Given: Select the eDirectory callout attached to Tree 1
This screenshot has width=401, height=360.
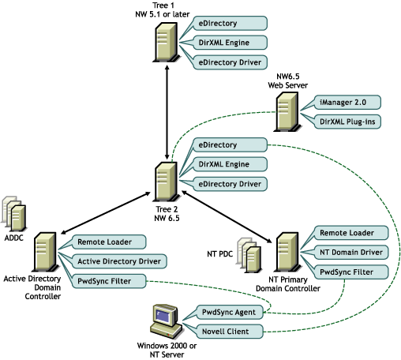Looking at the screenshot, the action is point(230,23).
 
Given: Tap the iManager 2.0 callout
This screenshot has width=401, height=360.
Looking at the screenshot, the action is point(347,102).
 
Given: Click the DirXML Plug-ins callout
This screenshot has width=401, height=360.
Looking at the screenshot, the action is point(347,122).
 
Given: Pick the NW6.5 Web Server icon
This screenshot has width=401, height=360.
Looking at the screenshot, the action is point(287,111).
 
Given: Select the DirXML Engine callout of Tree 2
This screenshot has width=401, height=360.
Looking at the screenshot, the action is point(230,164).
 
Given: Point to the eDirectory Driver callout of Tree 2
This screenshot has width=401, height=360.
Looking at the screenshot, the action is point(230,184).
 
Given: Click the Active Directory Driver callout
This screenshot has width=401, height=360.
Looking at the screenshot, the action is point(119,261).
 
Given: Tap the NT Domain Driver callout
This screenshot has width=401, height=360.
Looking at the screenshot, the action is point(351,253).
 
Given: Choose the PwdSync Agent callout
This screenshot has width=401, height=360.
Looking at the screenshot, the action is point(230,312).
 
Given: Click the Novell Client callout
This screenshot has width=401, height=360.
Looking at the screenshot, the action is point(230,332).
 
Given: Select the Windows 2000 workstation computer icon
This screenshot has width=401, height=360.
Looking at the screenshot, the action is point(167,321).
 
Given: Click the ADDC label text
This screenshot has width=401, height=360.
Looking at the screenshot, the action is point(13,238).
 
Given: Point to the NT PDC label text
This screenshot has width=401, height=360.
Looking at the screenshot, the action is point(220,254).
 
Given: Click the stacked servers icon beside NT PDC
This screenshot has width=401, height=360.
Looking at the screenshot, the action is point(249,255).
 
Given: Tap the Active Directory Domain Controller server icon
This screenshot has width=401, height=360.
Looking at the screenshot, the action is point(45,252).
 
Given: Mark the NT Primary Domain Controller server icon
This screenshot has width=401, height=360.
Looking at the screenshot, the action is point(287,252).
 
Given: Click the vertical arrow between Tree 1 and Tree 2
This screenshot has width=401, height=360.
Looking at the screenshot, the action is point(167,112).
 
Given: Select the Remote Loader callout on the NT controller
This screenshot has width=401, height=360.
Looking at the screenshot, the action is point(351,233).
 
